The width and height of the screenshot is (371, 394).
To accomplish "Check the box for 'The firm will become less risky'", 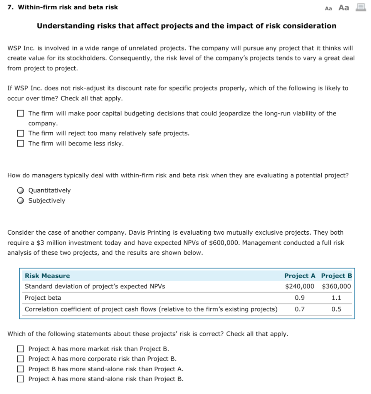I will pyautogui.click(x=20, y=144).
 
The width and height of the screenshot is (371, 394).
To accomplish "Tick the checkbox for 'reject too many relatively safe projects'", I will pyautogui.click(x=20, y=134).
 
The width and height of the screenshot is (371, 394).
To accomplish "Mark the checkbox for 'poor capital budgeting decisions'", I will pyautogui.click(x=20, y=114).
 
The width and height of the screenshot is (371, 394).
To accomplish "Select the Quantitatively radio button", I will pyautogui.click(x=20, y=190).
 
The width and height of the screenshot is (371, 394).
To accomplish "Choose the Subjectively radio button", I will pyautogui.click(x=20, y=200).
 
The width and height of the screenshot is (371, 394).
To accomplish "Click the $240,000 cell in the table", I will pyautogui.click(x=299, y=286).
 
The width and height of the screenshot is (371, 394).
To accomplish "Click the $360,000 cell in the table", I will pyautogui.click(x=336, y=286).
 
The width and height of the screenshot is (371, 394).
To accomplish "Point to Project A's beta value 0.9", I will pyautogui.click(x=299, y=298).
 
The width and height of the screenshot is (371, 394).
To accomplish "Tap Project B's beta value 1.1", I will pyautogui.click(x=336, y=298).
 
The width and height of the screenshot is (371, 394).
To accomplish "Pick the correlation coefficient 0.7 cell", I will pyautogui.click(x=299, y=309).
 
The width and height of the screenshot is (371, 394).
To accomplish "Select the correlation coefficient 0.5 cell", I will pyautogui.click(x=336, y=309).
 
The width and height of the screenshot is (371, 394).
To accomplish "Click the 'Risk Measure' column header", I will pyautogui.click(x=47, y=276).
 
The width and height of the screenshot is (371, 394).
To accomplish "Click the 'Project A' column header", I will pyautogui.click(x=300, y=276).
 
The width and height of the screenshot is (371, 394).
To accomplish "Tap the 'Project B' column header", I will pyautogui.click(x=336, y=276).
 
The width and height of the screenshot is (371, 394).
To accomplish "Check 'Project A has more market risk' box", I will pyautogui.click(x=20, y=349).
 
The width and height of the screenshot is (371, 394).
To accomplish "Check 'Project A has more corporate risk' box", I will pyautogui.click(x=20, y=359).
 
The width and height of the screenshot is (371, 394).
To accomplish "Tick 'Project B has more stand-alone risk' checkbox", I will pyautogui.click(x=20, y=369).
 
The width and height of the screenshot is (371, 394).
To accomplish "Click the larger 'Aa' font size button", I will pyautogui.click(x=344, y=8).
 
